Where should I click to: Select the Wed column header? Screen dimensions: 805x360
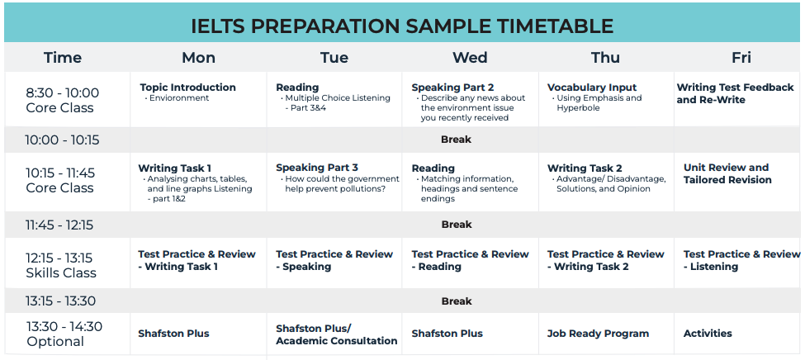(x=470, y=58)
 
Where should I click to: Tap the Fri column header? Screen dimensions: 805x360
(x=741, y=58)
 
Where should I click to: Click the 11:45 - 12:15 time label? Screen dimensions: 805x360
(x=59, y=225)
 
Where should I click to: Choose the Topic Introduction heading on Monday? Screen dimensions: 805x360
(x=188, y=88)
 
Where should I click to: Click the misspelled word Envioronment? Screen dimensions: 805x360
(x=179, y=98)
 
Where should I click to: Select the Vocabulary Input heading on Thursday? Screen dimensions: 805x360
(x=592, y=88)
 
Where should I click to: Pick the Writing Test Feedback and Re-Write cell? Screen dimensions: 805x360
(x=735, y=93)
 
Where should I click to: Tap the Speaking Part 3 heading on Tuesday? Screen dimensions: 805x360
(x=317, y=168)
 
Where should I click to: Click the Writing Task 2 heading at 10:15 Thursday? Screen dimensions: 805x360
(x=585, y=168)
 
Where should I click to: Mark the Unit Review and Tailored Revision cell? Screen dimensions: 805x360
(x=727, y=173)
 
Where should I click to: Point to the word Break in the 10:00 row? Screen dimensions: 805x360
(x=456, y=140)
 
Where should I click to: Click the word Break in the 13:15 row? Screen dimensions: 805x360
(x=457, y=301)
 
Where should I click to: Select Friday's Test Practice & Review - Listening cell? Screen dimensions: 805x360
(x=742, y=260)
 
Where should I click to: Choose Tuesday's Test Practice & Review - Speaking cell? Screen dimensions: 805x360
(x=334, y=260)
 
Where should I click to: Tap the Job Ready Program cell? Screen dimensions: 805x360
(x=598, y=334)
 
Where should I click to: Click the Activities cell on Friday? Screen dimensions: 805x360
(x=708, y=334)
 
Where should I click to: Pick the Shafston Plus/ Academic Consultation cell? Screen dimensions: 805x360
(x=336, y=334)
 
